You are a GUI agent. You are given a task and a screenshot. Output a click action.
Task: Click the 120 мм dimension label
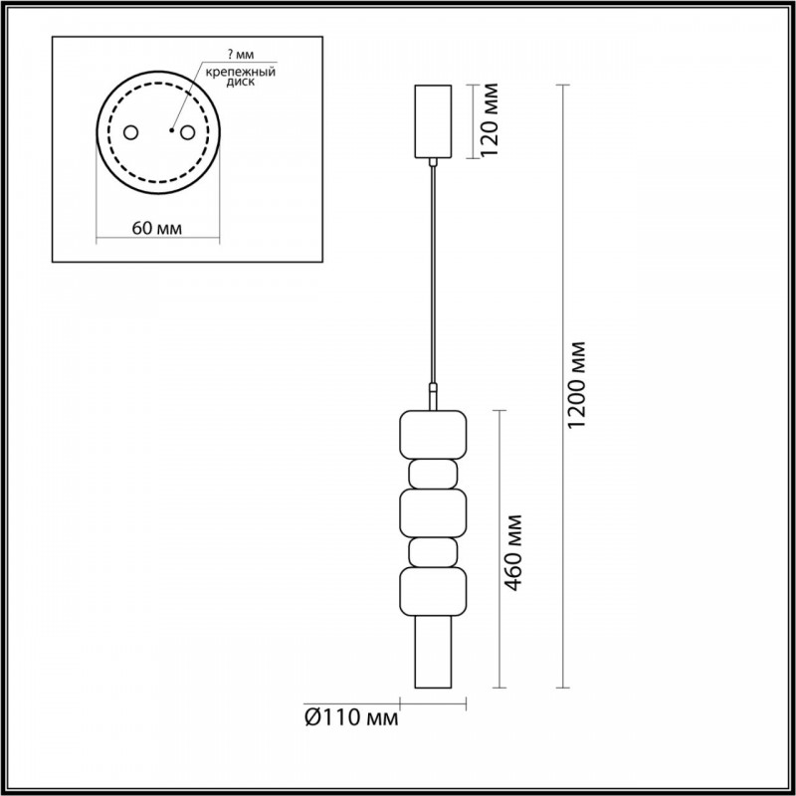tap(490, 119)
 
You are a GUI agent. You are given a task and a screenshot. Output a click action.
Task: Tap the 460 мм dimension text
tap(513, 553)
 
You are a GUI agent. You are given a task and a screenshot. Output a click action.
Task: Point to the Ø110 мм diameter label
tap(351, 717)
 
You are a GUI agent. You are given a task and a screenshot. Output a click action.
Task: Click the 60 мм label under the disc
tap(157, 229)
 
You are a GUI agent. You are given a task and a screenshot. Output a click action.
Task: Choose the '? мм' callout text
tap(241, 55)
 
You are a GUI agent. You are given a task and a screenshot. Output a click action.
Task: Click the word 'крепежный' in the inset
tap(241, 72)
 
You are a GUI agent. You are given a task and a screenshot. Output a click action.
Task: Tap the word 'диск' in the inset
tap(241, 83)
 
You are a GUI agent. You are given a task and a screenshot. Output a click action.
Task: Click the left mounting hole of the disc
tap(131, 132)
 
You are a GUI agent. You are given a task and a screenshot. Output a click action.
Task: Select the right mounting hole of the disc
tap(187, 132)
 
